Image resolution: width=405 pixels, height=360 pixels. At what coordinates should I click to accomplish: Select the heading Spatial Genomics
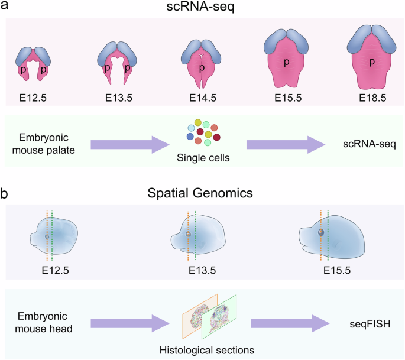[203, 193]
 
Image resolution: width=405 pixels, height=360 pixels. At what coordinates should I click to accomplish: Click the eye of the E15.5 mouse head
[320, 233]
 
